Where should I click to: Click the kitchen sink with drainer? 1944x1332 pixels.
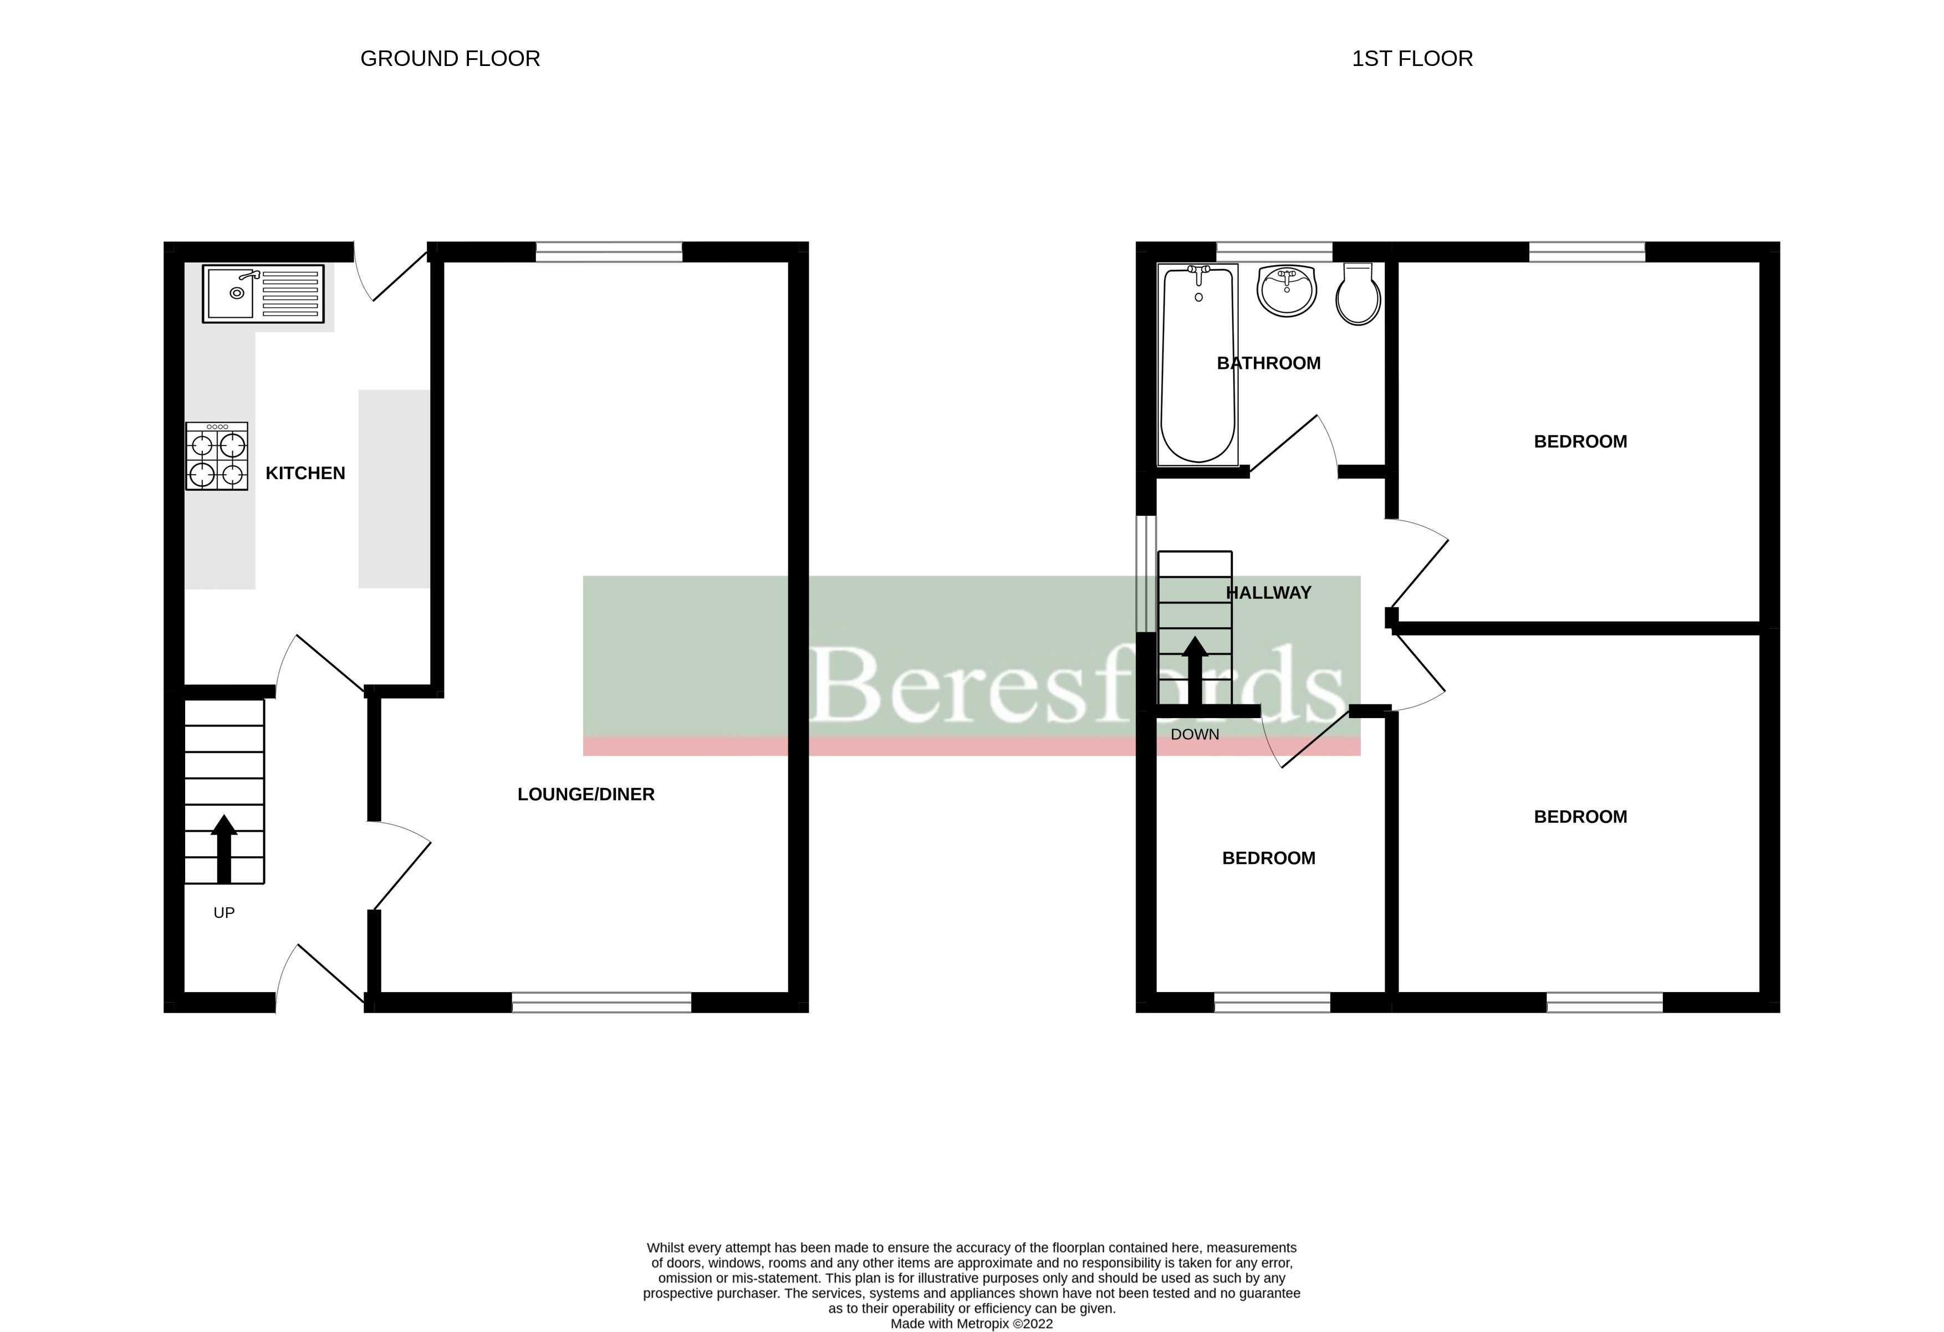[263, 294]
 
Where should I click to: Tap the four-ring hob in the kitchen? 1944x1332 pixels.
[217, 456]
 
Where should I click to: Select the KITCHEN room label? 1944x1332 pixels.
[305, 474]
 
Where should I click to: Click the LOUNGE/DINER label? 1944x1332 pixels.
[585, 795]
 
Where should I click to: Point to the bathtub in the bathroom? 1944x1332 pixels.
[1198, 365]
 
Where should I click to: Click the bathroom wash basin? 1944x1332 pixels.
[1287, 291]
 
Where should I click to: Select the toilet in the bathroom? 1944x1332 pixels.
[1358, 294]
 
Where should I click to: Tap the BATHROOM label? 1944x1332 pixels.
[1268, 363]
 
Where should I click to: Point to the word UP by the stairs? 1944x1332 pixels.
[224, 913]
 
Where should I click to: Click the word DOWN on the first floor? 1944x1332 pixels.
[1195, 735]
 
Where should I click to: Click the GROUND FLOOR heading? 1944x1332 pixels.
[450, 59]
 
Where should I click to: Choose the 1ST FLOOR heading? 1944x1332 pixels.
[1412, 59]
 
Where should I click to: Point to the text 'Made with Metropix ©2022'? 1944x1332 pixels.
[971, 1324]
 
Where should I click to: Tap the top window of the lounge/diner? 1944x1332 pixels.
[609, 252]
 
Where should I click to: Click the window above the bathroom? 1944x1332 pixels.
[1274, 252]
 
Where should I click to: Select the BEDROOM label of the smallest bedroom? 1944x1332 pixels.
[1268, 858]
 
